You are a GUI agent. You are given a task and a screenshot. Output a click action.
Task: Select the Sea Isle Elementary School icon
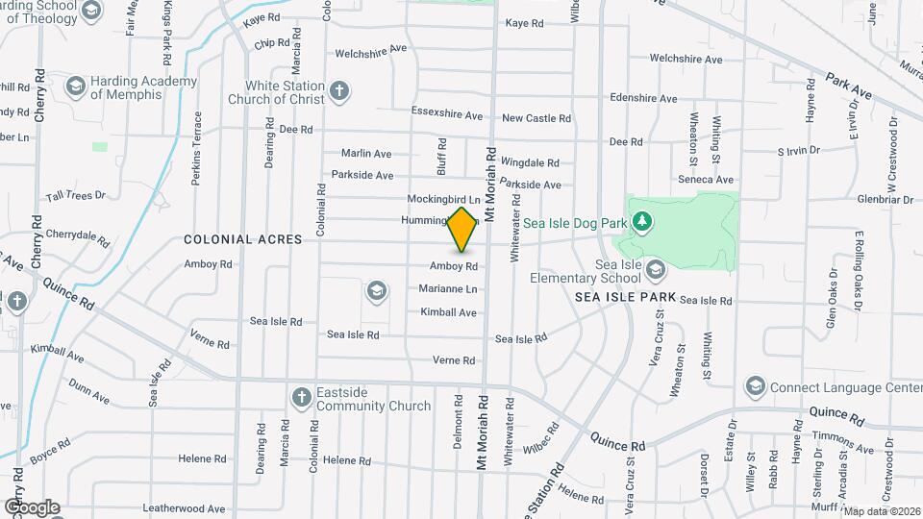coord(657,269)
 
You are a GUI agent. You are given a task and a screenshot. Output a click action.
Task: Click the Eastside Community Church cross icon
coord(301,397)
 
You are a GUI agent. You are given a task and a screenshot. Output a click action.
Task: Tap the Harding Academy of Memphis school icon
coord(74,86)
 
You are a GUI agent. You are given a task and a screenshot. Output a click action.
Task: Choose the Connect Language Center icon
coord(755,387)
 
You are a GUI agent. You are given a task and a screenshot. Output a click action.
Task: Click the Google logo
coord(32,507)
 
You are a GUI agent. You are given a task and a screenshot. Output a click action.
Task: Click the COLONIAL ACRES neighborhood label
coord(242,239)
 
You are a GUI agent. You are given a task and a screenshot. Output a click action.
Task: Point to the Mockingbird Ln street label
coord(443,199)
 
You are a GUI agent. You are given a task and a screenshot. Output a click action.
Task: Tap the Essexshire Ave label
coord(446,115)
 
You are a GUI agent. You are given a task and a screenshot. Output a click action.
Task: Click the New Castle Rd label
coord(536,118)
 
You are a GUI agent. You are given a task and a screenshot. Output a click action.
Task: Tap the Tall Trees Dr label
coord(75,195)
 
